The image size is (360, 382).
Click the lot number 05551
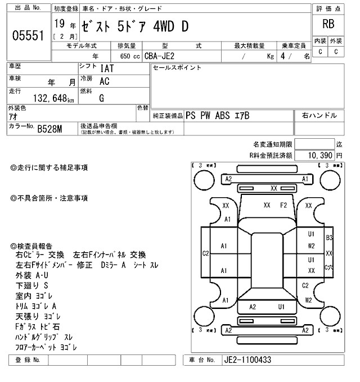click(x=28, y=36)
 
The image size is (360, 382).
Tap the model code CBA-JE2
click(x=160, y=56)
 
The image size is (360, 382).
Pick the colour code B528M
click(x=49, y=129)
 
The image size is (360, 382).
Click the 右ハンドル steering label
click(x=319, y=116)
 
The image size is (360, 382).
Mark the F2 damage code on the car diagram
click(x=283, y=205)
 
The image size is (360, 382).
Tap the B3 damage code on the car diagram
click(x=329, y=238)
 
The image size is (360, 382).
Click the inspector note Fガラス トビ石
click(x=38, y=326)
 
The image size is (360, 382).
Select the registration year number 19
click(x=59, y=24)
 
